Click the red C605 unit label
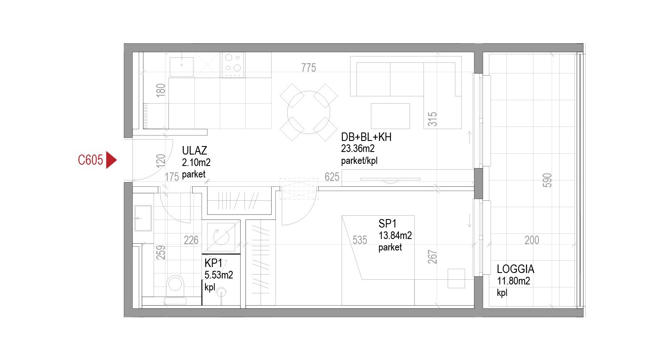[x=90, y=160]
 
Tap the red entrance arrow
[x=111, y=160]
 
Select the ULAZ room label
[x=194, y=151]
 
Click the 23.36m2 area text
[x=358, y=149]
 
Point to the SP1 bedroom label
[x=387, y=223]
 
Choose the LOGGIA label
[x=516, y=269]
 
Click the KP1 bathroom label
[x=213, y=263]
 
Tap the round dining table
[x=309, y=112]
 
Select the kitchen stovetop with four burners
[x=233, y=65]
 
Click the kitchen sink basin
[x=182, y=67]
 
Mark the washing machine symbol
[x=221, y=237]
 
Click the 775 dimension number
[x=309, y=67]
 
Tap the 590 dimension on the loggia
[x=547, y=180]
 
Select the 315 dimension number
[x=432, y=119]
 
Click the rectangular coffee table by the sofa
[x=390, y=116]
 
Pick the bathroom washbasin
[x=143, y=218]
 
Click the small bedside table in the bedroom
[x=456, y=278]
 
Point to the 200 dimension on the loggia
[x=532, y=240]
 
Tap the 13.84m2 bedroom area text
[x=395, y=236]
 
